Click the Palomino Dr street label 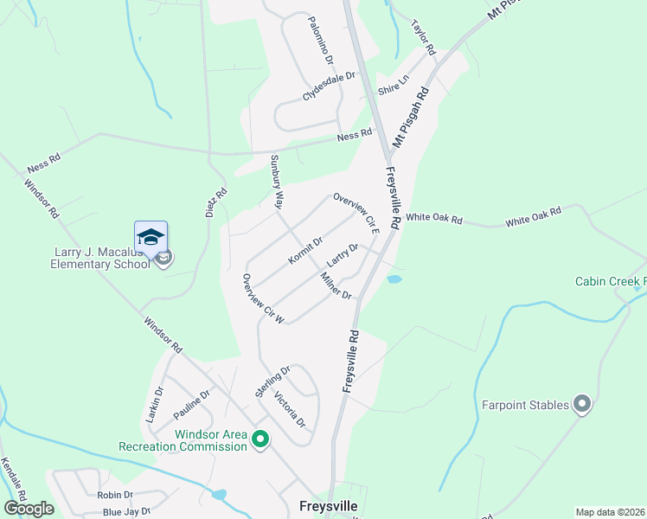point(320,41)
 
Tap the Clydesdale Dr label point(329,87)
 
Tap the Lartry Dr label point(343,255)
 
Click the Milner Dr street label point(336,285)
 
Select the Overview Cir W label point(263,299)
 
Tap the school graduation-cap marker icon point(151,237)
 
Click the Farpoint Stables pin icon point(582,404)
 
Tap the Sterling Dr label point(272,381)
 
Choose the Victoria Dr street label point(289,410)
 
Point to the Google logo point(29,508)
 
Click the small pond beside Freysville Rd point(394,279)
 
